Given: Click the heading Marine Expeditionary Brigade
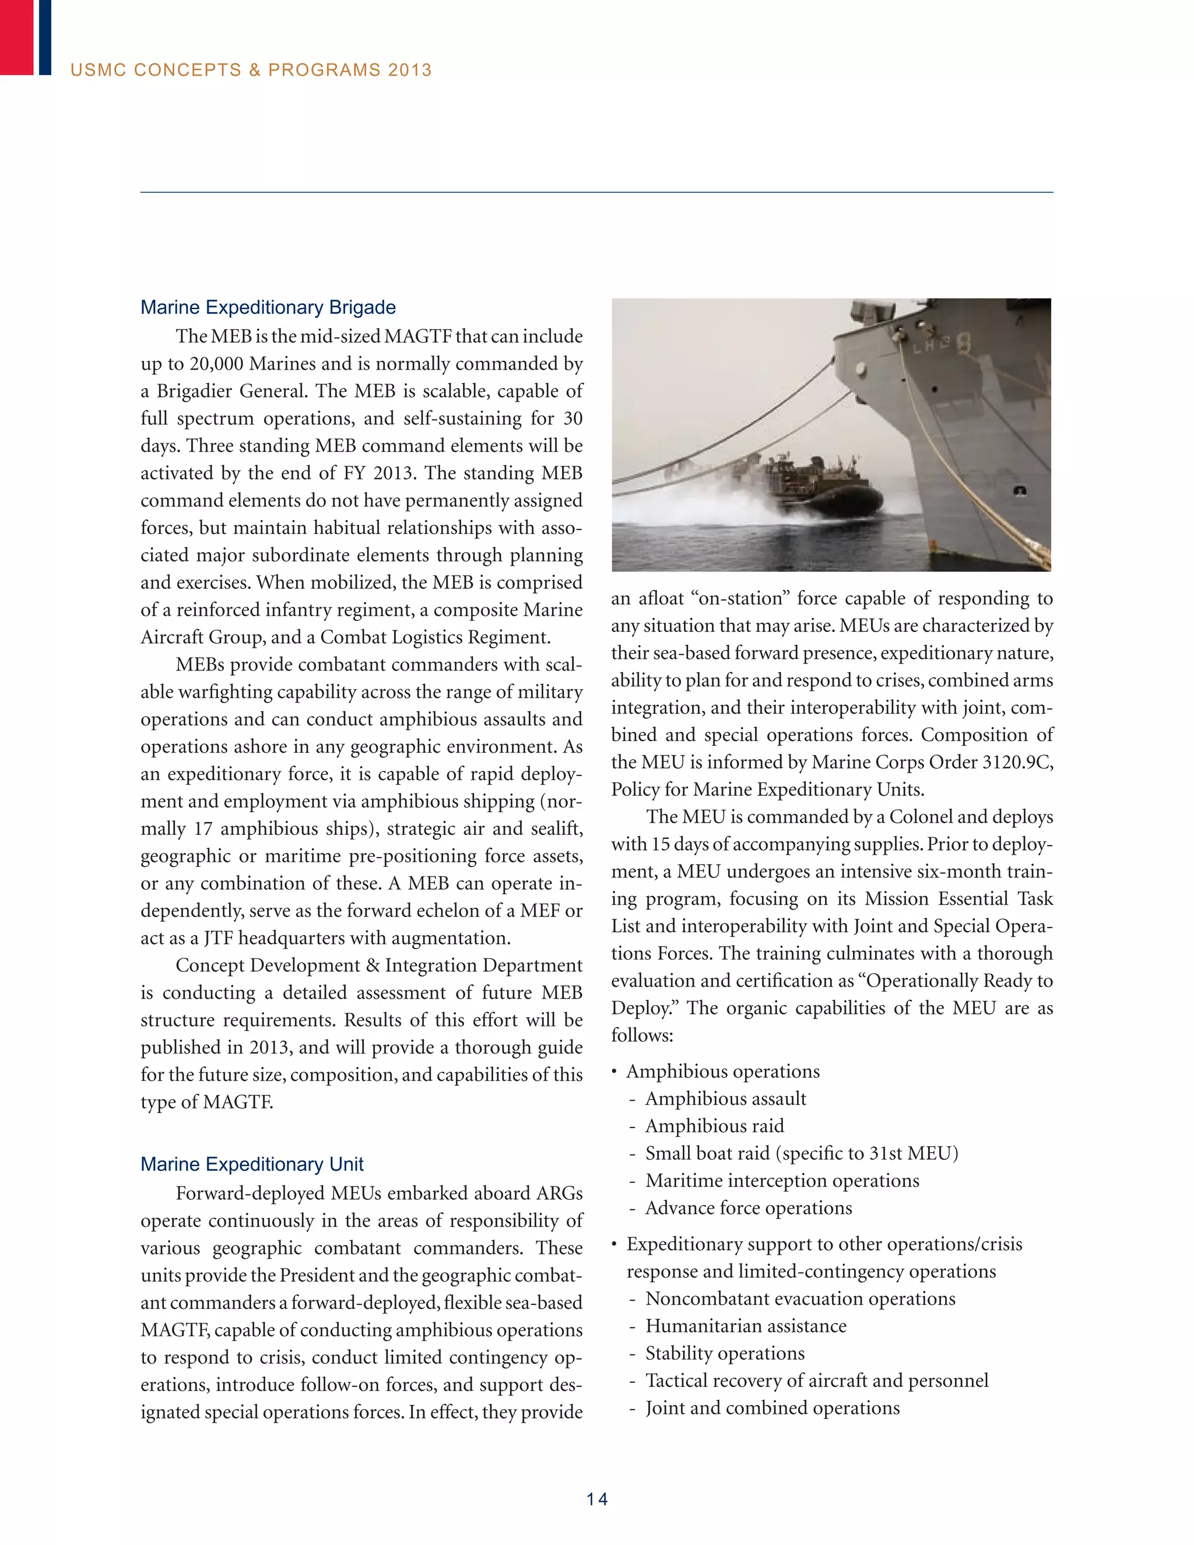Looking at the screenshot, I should pos(268,308).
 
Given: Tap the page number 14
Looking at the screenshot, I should pos(597,1499).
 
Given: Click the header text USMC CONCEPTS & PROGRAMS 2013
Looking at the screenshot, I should pos(251,70).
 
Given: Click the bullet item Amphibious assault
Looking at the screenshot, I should pos(726,1098).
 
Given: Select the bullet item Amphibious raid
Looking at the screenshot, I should pos(714,1126).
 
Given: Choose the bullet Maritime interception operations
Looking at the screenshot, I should pos(782,1181).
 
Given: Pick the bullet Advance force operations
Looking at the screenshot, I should pos(749,1208).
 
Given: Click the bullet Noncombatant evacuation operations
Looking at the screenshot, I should pos(800,1299).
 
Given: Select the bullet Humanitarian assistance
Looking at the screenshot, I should pos(746,1326).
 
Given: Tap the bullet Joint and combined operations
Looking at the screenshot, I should pos(772,1408).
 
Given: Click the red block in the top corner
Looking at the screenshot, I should pos(16,37).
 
